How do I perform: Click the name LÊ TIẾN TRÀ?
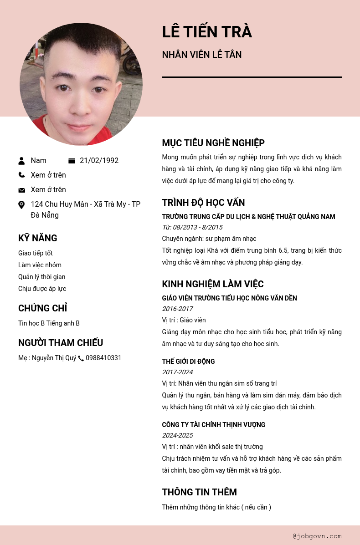point(207,32)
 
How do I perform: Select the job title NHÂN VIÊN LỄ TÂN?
point(202,55)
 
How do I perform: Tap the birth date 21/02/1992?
point(99,161)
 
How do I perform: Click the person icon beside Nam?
point(21,161)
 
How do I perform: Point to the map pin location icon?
point(21,205)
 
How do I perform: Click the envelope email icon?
point(21,190)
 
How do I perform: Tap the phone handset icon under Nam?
point(21,175)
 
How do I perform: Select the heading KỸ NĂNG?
point(38,238)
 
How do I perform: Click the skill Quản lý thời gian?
point(42,277)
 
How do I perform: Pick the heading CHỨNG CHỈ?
point(43,308)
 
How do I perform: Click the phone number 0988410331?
point(103,358)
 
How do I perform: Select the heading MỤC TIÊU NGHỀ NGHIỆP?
point(213,143)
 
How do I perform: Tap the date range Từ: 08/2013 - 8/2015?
point(192,227)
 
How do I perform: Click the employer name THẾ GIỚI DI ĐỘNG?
point(188,362)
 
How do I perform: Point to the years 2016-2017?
point(177,309)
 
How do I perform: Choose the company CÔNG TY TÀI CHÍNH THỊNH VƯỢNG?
point(213,425)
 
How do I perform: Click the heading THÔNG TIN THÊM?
point(199,492)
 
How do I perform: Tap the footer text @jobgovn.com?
point(317,536)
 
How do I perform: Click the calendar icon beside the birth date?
point(72,161)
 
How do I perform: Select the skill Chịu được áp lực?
point(42,289)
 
